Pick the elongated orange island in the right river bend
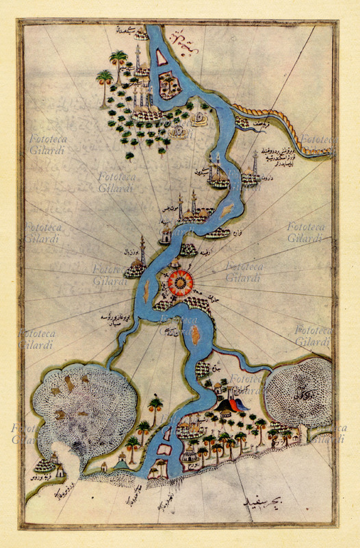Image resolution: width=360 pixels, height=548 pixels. coord(228,209)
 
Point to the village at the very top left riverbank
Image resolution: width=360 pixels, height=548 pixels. coord(140,33)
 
